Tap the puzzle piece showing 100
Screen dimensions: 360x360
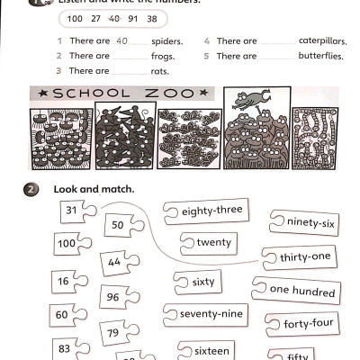tap(67, 244)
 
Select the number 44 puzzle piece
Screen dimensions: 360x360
tap(114, 263)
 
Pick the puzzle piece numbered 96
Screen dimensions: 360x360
tap(113, 297)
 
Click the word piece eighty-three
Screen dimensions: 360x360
tap(211, 211)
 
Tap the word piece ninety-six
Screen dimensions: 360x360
tap(310, 221)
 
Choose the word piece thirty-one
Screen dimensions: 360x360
tap(304, 257)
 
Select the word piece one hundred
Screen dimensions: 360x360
tap(301, 290)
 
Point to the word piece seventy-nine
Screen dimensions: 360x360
tap(211, 313)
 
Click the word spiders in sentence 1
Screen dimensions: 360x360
tap(166, 41)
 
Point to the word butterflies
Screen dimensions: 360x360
tap(320, 56)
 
